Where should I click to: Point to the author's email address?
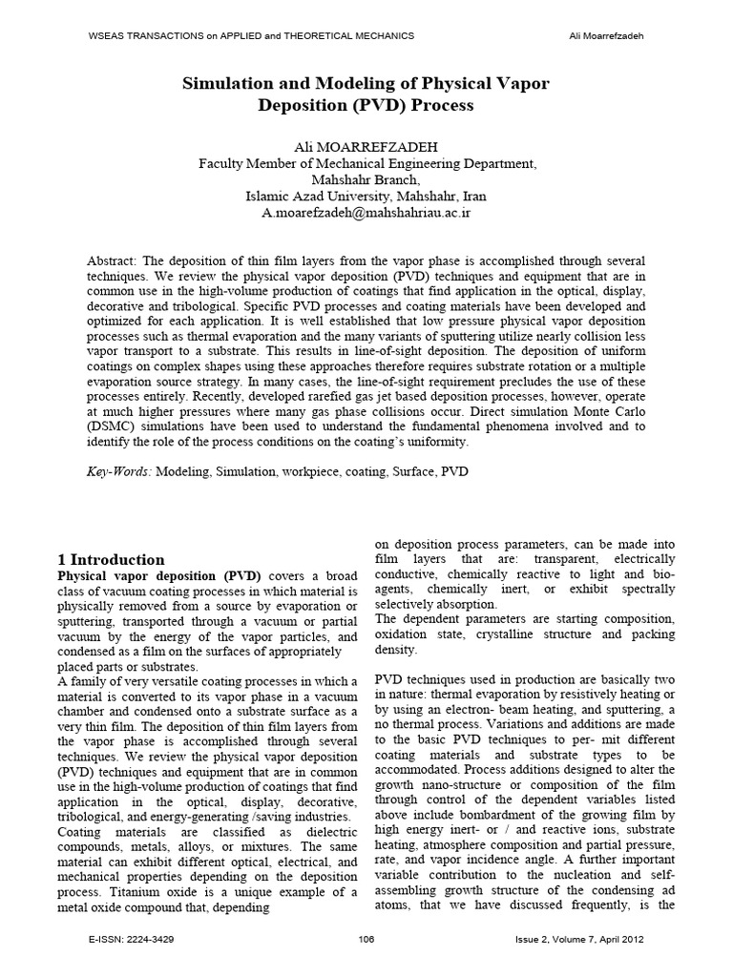(366, 212)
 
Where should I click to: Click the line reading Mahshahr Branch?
(366, 179)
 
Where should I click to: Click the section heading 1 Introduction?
(112, 560)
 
